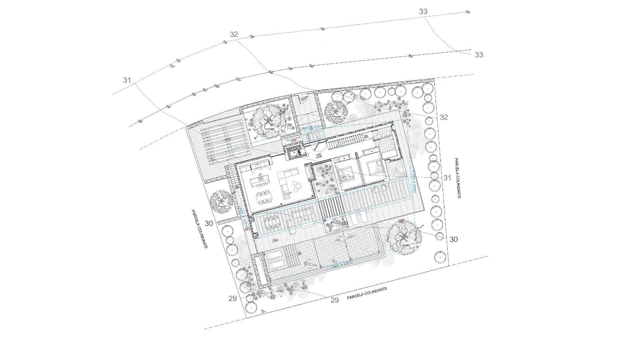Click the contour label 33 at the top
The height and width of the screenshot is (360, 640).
pos(423,12)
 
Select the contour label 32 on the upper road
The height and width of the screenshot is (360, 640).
pos(234,34)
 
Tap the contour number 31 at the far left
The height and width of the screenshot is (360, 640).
pos(127,80)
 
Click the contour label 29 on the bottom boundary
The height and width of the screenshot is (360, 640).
pos(335,300)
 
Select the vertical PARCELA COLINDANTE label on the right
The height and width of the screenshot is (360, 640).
pos(457,178)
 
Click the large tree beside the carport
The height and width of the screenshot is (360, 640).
pos(268,121)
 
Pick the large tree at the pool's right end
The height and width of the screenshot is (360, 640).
pos(404,237)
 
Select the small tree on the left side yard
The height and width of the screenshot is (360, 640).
pos(222,201)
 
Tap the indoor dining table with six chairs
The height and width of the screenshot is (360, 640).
pos(264,196)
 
